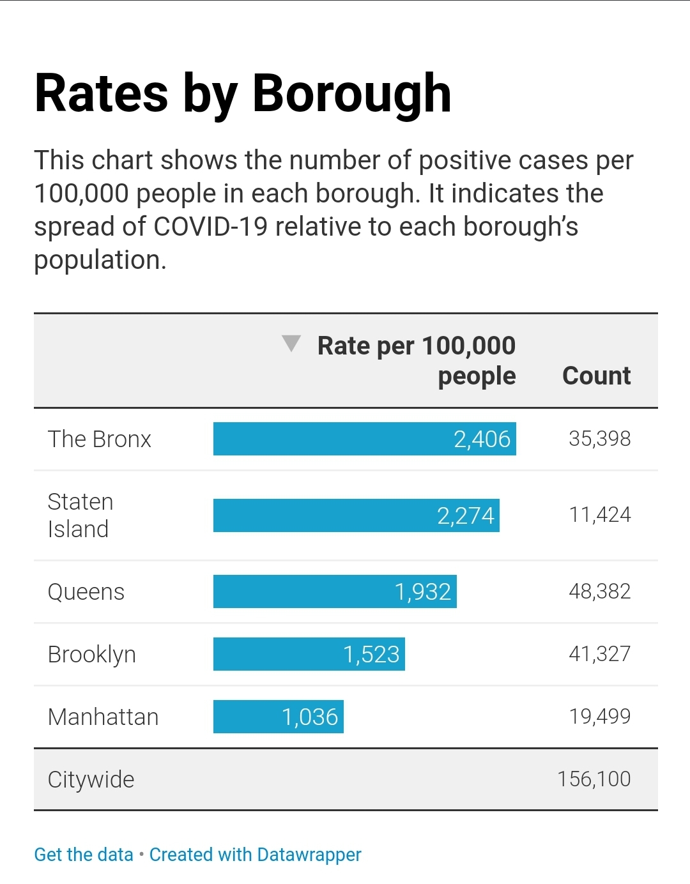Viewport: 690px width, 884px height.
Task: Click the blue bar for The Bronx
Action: coord(364,439)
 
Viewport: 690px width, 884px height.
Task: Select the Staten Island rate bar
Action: coord(356,515)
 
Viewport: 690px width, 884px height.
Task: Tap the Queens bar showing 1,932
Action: coord(335,591)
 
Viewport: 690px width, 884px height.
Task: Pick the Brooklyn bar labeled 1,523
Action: coord(309,654)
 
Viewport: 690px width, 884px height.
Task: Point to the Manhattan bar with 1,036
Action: coord(278,717)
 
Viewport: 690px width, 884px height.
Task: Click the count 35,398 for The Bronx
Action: coord(599,439)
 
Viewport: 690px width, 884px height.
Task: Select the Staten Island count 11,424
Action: coord(599,515)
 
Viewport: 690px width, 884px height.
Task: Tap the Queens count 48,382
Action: coord(599,591)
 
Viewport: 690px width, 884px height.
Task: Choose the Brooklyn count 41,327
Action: coord(599,654)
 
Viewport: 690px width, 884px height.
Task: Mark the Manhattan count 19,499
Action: coord(599,717)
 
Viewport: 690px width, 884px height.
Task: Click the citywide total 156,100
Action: coord(594,779)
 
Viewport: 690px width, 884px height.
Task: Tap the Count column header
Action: coord(596,376)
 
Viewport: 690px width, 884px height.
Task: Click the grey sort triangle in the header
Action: coord(291,343)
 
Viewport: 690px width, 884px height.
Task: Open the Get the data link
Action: coord(84,855)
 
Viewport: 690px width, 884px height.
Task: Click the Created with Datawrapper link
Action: coord(255,855)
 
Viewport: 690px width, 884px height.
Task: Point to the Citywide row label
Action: coord(91,780)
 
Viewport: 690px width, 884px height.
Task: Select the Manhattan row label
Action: coord(103,717)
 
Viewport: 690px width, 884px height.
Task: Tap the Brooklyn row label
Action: coord(91,655)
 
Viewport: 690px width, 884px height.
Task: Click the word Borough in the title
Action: coord(351,94)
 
